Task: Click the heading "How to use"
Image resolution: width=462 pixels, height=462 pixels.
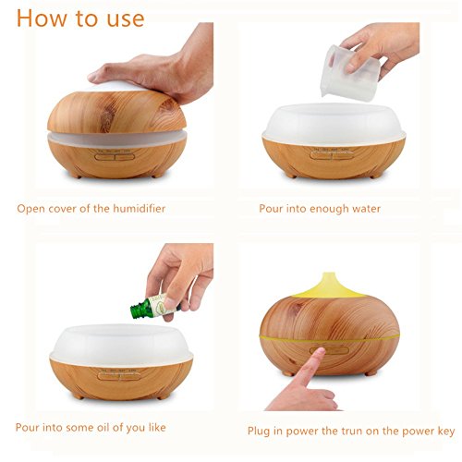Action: click(80, 18)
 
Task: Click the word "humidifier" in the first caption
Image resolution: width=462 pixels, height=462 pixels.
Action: click(140, 209)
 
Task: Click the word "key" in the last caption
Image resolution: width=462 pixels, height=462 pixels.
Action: click(446, 432)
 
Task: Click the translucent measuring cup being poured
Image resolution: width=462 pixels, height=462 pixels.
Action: click(350, 73)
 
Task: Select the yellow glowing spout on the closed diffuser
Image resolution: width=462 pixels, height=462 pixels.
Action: click(329, 286)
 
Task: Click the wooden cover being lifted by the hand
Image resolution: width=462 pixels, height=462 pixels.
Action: click(116, 112)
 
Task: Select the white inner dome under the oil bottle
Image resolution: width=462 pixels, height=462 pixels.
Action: click(121, 345)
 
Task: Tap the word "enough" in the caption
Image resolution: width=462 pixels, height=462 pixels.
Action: click(329, 210)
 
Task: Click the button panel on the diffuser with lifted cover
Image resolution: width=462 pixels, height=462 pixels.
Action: click(115, 155)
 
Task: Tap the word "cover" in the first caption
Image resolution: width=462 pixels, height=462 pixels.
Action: click(59, 209)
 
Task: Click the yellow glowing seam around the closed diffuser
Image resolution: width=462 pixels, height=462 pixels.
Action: click(330, 338)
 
